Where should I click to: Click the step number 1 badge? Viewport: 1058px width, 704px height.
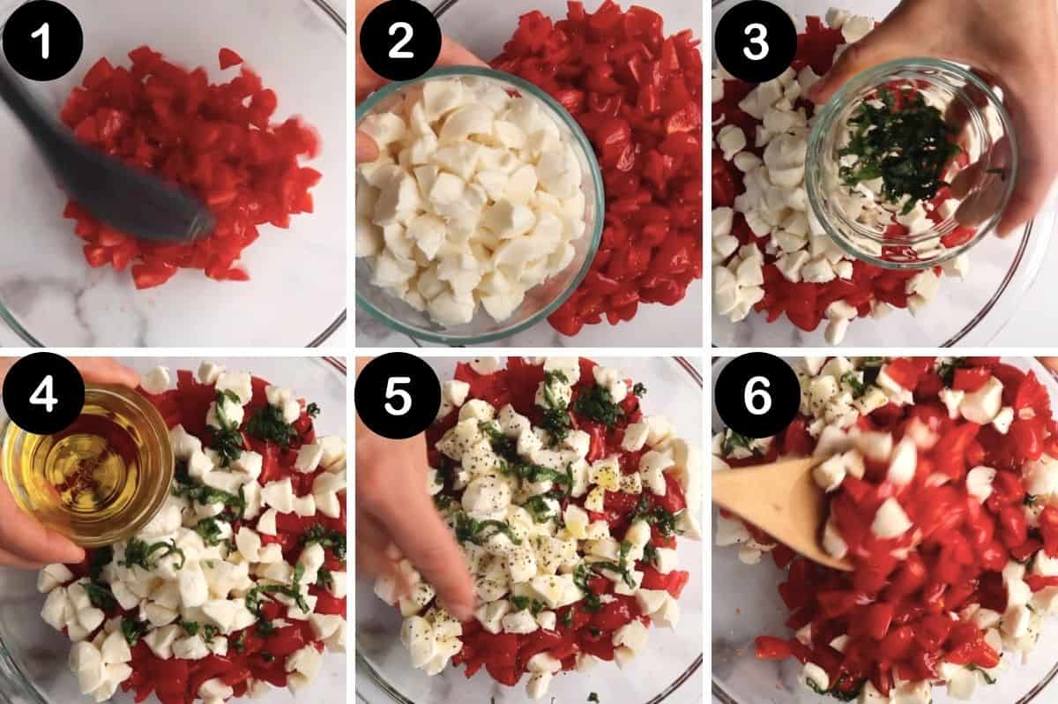point(42,41)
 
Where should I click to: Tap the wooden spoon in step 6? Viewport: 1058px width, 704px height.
point(776,512)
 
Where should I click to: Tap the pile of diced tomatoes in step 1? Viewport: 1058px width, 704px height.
point(194,168)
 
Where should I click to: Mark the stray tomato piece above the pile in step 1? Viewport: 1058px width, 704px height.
point(229,58)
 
